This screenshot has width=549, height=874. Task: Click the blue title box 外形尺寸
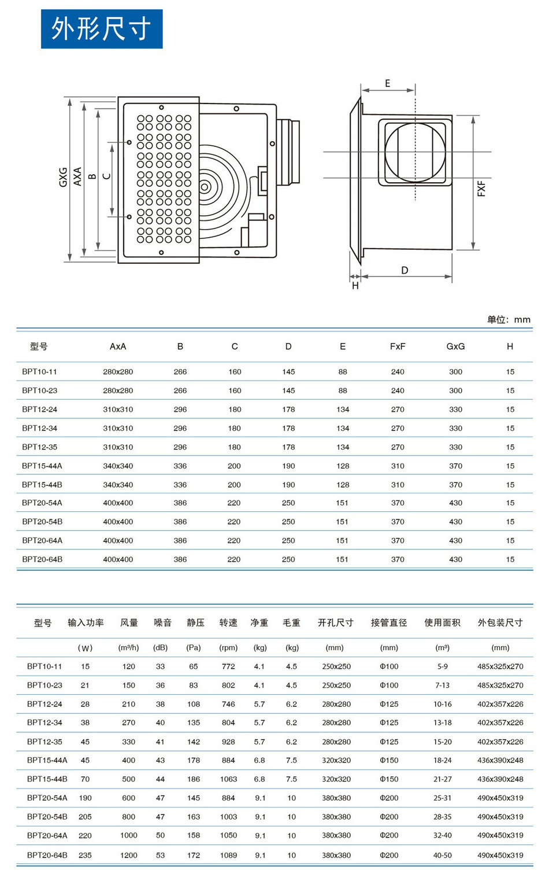(102, 29)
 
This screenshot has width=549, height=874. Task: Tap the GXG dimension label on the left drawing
(63, 177)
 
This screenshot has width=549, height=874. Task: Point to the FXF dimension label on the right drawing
(481, 188)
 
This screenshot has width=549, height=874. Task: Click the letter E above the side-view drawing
(387, 83)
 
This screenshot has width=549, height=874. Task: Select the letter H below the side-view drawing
(355, 286)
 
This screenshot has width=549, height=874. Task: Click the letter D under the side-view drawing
(405, 270)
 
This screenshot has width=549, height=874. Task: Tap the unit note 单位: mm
(509, 319)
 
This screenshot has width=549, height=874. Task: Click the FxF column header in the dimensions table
(398, 346)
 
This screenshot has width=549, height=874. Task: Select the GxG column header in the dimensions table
(455, 346)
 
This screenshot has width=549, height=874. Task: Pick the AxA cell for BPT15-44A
(118, 466)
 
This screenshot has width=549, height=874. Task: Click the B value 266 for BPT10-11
(180, 372)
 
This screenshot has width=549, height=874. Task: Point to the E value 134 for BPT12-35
(343, 447)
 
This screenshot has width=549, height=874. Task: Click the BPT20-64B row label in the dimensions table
(42, 559)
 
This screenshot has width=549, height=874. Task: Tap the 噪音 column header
(162, 622)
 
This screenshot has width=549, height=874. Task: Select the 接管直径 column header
(389, 622)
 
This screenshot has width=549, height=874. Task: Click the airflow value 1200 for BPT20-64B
(129, 855)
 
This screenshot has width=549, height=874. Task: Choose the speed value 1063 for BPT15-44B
(228, 779)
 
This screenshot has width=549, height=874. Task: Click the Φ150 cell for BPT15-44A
(389, 760)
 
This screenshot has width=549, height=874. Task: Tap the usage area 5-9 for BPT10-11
(443, 666)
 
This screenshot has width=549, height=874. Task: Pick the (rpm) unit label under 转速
(228, 648)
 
